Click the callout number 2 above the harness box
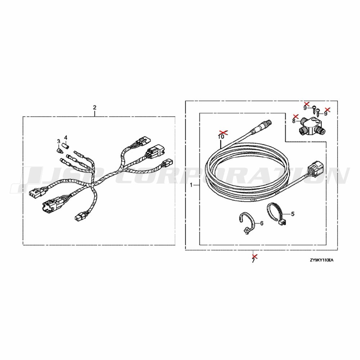95,107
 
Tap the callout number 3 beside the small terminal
59,141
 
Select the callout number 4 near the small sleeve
66,138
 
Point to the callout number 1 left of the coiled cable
191,185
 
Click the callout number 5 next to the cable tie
292,214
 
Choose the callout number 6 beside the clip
262,223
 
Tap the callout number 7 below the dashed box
253,261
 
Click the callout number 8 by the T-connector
294,121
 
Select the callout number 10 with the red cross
221,136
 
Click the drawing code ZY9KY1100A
321,260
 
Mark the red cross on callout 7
255,256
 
